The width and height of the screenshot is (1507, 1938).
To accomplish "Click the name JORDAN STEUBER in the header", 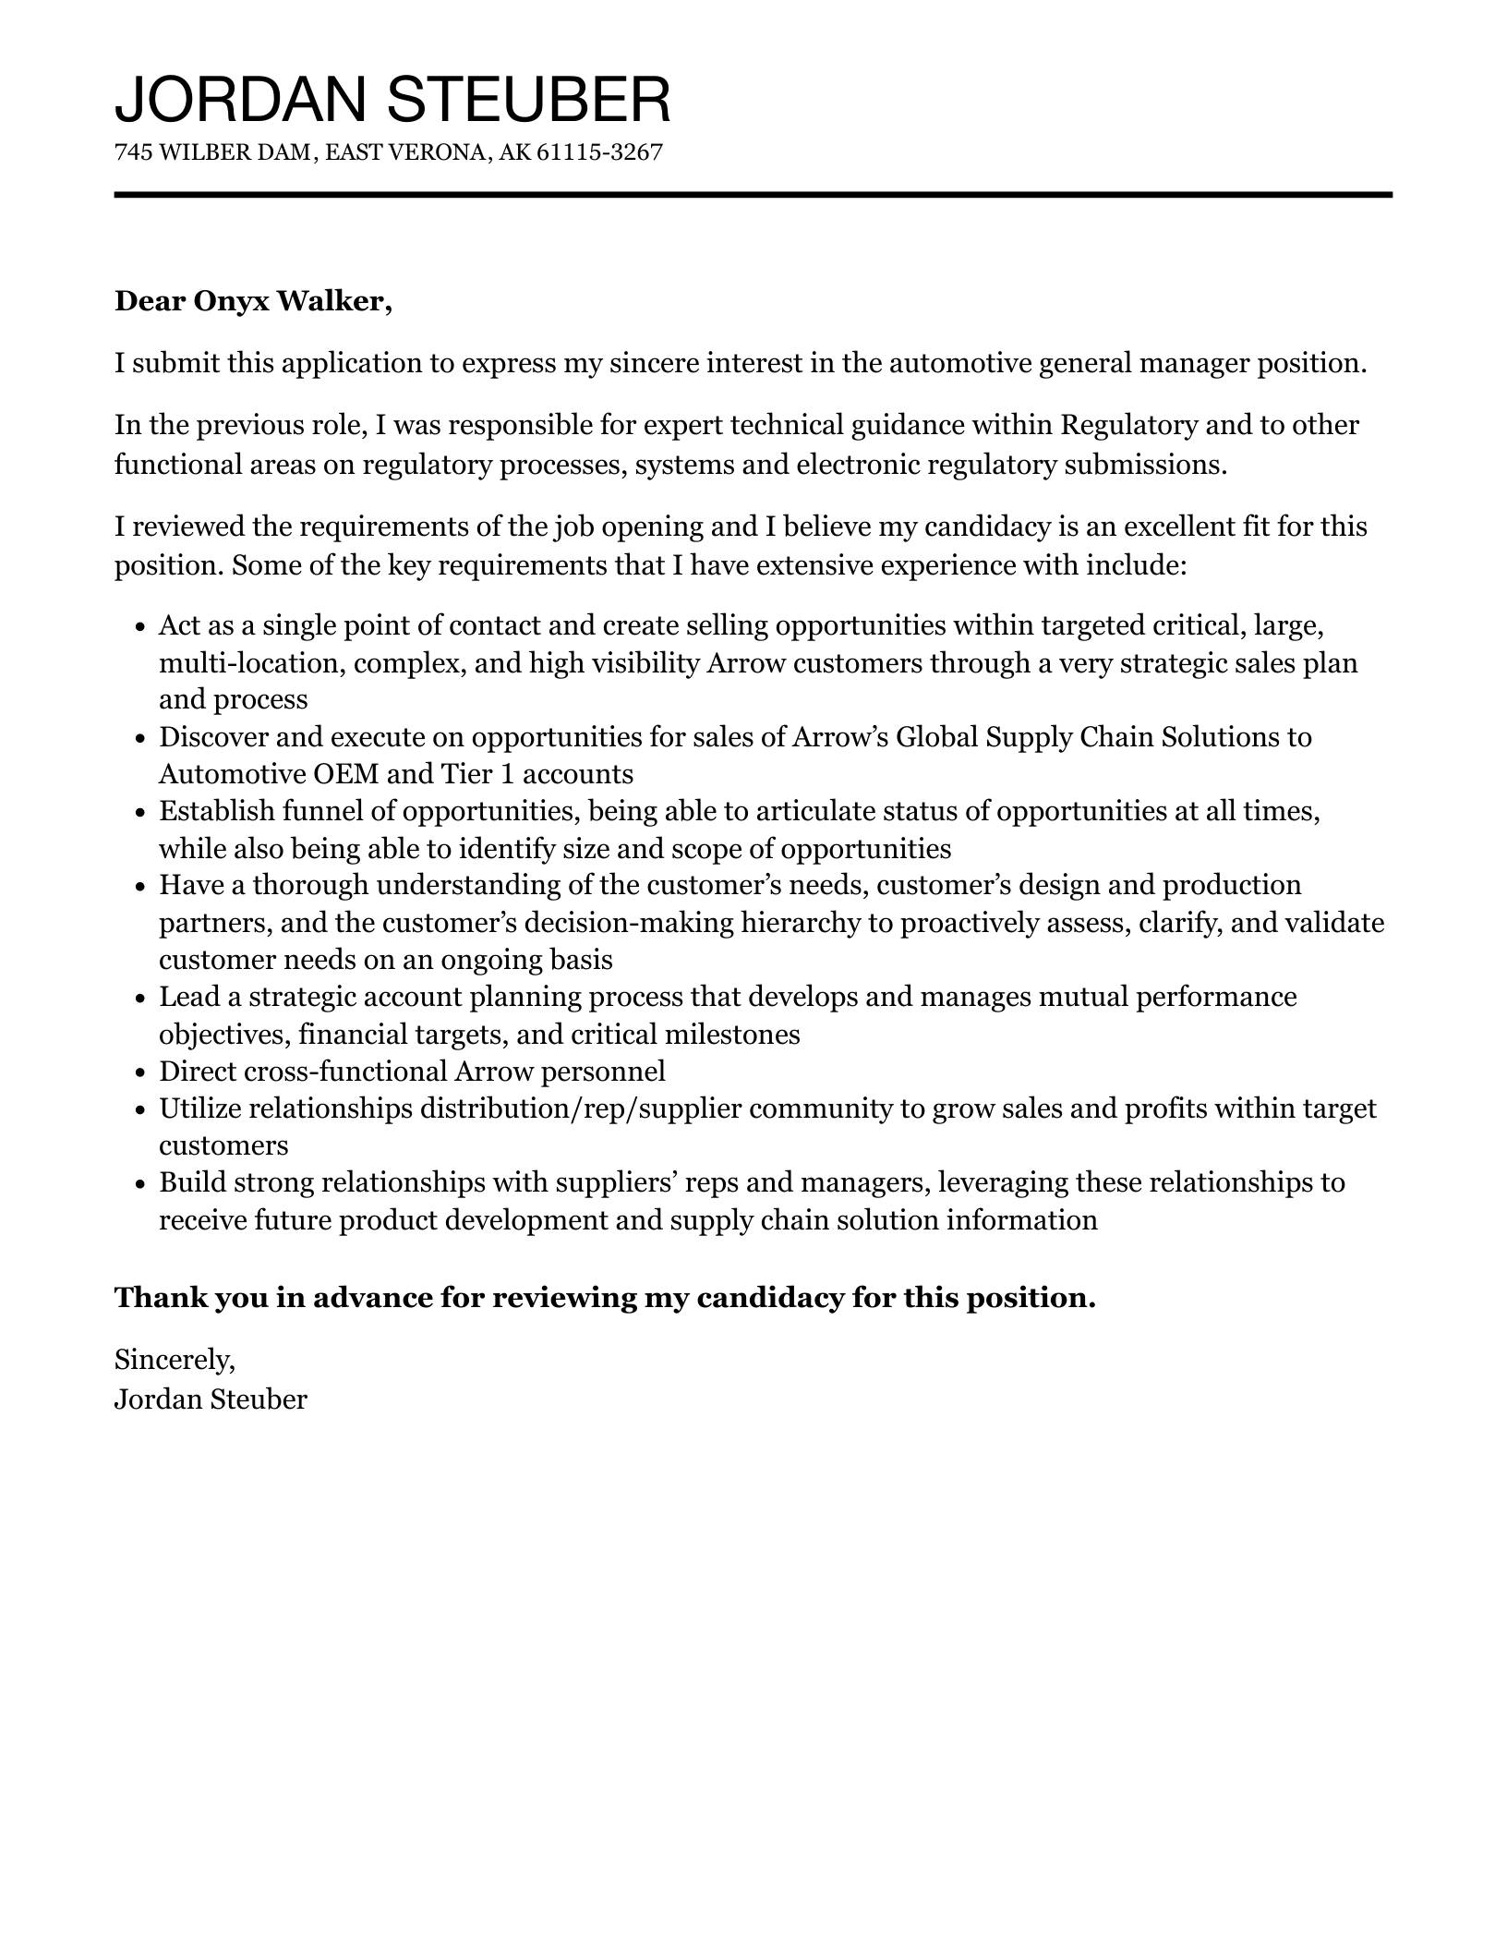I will pos(392,100).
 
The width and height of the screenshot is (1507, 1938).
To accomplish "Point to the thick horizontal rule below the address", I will pos(753,195).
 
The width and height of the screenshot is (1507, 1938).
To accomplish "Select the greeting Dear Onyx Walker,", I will pos(253,301).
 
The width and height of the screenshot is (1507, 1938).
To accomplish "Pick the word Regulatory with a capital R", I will pos(1129,425).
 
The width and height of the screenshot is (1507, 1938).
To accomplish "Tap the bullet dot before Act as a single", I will pos(140,627).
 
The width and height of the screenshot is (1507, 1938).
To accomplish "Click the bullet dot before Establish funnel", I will pos(140,813).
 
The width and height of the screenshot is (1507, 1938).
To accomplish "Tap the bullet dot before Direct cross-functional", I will pos(140,1073).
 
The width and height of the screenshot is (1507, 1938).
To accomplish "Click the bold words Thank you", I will pos(162,1298).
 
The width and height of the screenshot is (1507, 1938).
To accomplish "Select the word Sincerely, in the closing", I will pos(175,1359).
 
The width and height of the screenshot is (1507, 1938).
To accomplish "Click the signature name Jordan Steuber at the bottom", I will pos(211,1399).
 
